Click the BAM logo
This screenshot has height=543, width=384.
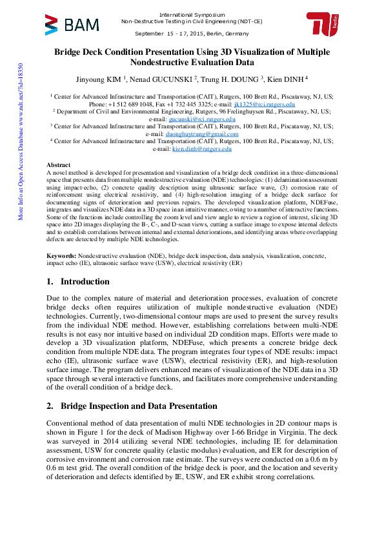72,25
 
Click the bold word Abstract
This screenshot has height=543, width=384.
59,165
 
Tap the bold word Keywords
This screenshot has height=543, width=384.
61,256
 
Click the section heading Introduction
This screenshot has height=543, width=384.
85,282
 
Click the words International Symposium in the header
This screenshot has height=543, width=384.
192,14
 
